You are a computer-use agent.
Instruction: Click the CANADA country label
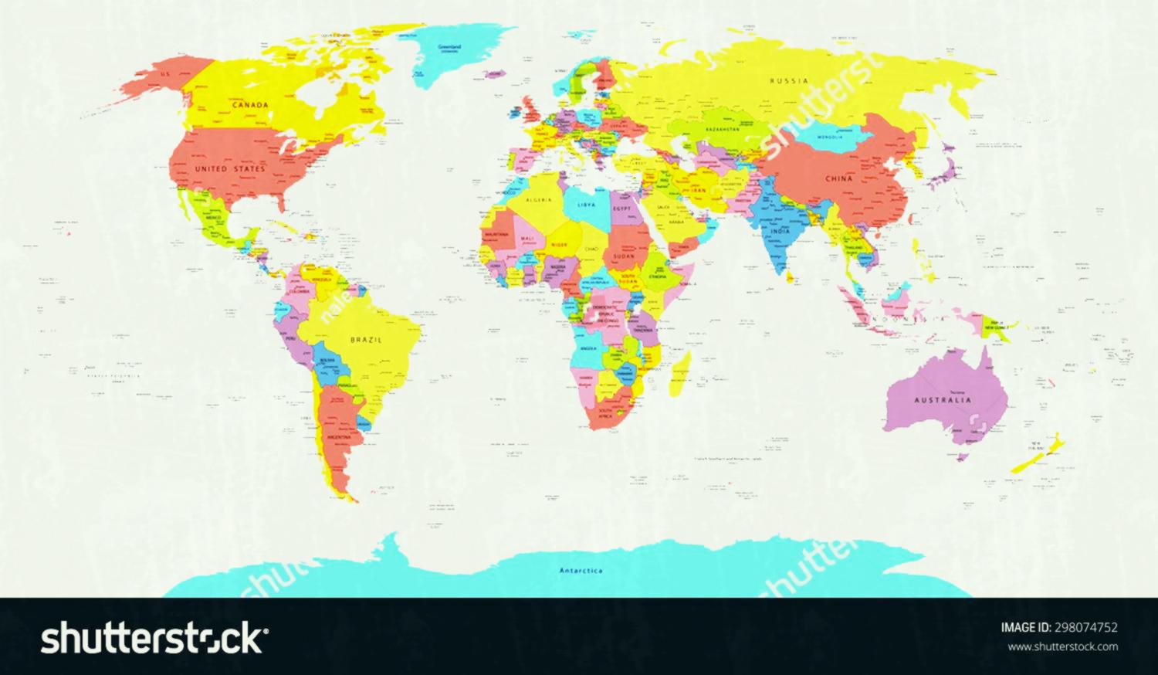click(252, 104)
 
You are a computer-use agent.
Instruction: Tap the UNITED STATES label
click(230, 168)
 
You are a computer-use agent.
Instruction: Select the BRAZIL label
click(366, 339)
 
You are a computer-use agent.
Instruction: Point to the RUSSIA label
click(789, 80)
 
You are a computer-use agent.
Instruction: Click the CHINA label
click(838, 178)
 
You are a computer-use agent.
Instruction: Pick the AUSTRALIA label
click(943, 400)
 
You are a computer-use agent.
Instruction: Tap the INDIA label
click(780, 231)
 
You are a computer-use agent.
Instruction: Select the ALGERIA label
click(539, 199)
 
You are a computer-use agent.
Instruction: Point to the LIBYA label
click(587, 205)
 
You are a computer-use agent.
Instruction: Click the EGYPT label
click(621, 209)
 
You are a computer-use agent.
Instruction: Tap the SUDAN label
click(623, 255)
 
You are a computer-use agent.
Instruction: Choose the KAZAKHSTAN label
click(721, 130)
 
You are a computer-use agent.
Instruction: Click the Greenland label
click(449, 47)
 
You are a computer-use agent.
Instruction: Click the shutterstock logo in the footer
click(155, 638)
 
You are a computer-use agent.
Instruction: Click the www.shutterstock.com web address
click(1063, 646)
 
